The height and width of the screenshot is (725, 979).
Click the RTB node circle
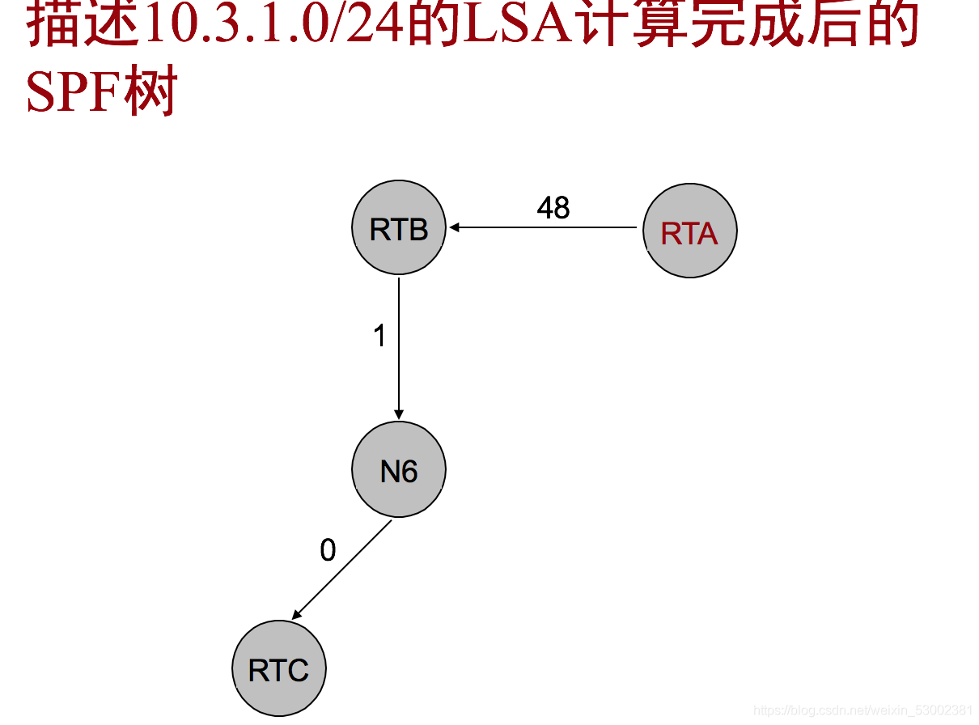click(x=399, y=228)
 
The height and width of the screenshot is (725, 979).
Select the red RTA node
click(x=689, y=231)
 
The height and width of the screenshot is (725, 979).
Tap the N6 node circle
click(x=399, y=469)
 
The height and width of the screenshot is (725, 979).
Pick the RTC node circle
click(x=279, y=669)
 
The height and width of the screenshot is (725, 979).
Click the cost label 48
click(x=553, y=208)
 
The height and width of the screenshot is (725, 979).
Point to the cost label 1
click(x=379, y=336)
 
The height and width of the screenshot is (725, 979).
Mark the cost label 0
click(x=328, y=550)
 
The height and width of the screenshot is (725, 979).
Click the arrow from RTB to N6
click(x=399, y=348)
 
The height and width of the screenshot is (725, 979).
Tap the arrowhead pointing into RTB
click(x=456, y=227)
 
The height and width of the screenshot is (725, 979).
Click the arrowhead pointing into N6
click(x=399, y=414)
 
